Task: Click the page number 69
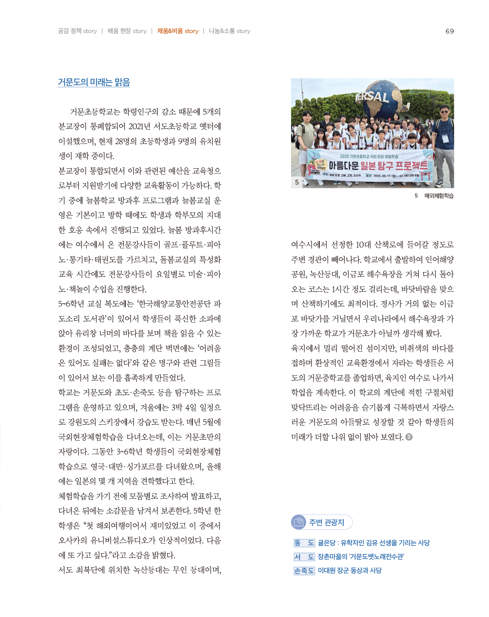(x=450, y=31)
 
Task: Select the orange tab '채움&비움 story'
(x=177, y=31)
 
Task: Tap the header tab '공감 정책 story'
(x=77, y=31)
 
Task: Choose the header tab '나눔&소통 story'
(x=230, y=31)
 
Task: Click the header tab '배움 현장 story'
(x=127, y=31)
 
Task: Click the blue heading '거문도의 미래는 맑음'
(x=94, y=82)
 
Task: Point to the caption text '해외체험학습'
(x=439, y=196)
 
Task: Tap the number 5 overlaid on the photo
(x=297, y=182)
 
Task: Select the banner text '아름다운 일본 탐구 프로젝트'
(x=378, y=166)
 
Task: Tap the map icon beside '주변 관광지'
(x=299, y=522)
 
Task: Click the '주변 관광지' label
(x=327, y=522)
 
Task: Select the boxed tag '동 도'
(x=304, y=543)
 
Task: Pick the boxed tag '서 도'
(x=304, y=557)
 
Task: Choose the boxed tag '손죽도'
(x=304, y=570)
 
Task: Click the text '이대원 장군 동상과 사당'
(x=349, y=570)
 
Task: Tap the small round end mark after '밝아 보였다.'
(x=409, y=437)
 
